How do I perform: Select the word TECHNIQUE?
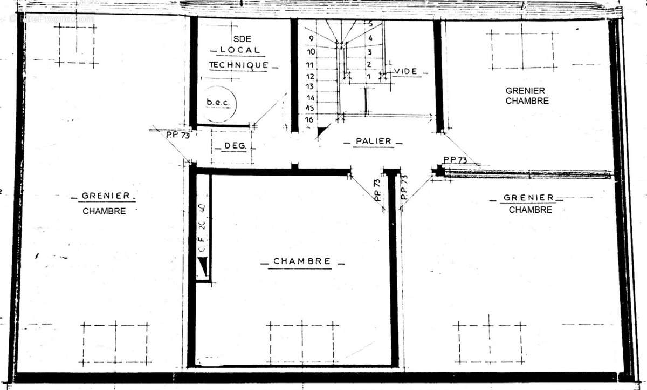click(238, 65)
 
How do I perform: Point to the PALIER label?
click(373, 142)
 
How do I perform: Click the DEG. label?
click(232, 146)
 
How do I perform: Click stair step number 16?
click(309, 119)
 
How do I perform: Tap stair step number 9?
click(311, 39)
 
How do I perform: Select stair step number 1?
click(369, 77)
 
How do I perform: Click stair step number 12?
click(310, 76)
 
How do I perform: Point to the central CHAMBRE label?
click(302, 261)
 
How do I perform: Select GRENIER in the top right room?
click(525, 91)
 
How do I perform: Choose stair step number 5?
click(370, 24)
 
